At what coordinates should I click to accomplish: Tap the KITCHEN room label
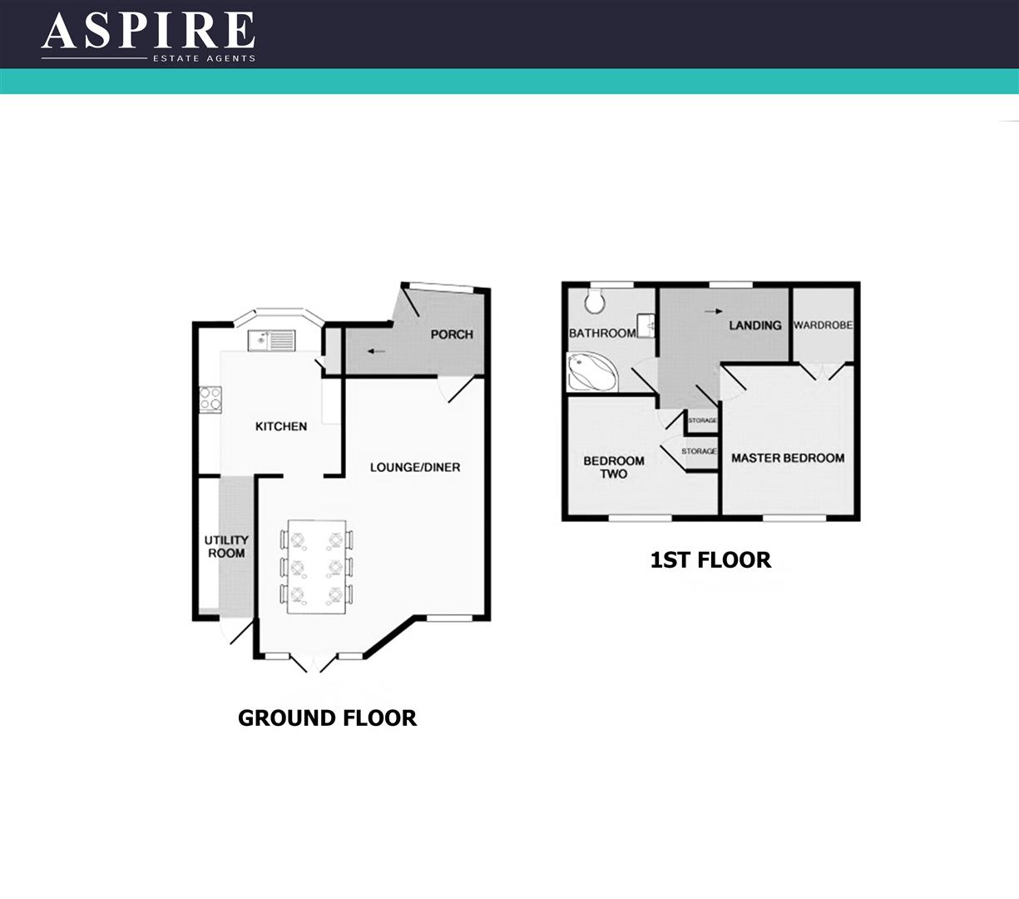point(280,426)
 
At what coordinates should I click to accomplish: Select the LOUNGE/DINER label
point(415,467)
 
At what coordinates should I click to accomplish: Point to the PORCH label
point(452,335)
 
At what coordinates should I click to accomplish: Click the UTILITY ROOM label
point(226,547)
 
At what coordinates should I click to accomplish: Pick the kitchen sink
point(271,340)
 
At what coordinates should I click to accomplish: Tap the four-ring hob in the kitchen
point(210,399)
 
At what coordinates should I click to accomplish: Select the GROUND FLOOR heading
point(327,718)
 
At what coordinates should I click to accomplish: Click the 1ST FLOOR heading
point(710,560)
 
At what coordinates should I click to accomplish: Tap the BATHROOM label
point(602,333)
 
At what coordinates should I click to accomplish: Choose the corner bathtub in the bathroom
point(591,371)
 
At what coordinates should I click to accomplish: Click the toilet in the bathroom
point(594,300)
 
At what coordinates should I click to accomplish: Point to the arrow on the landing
point(713,311)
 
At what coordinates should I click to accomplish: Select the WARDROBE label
point(823,325)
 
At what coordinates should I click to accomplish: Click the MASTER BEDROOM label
point(787,458)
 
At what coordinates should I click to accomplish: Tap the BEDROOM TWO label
point(614,467)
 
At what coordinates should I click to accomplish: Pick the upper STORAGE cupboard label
point(703,421)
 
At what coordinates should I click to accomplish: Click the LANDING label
point(755,325)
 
